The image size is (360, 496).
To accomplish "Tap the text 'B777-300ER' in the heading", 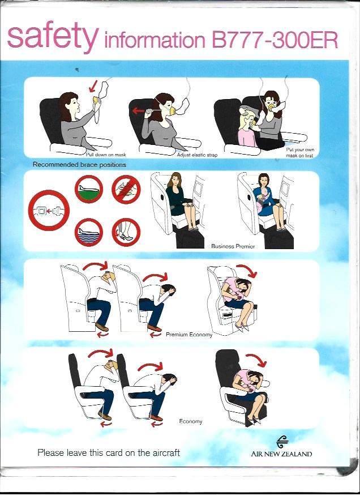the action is click(275, 40).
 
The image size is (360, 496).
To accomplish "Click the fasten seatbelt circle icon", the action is click(49, 210).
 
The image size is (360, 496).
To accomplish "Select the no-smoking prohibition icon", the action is click(126, 190).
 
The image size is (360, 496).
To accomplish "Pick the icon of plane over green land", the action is click(89, 190).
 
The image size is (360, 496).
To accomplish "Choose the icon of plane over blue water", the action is click(89, 233).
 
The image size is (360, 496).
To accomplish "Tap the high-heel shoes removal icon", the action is click(126, 233).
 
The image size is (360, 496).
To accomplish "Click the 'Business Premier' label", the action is click(233, 246).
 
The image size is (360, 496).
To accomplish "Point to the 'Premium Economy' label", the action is click(189, 335).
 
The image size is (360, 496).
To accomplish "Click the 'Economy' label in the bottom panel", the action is click(190, 421).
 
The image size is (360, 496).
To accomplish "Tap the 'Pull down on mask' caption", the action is click(106, 155).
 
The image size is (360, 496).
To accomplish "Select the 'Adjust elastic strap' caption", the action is click(197, 155).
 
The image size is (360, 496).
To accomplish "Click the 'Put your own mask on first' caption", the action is click(300, 152).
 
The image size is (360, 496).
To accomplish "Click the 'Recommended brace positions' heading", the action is click(79, 165).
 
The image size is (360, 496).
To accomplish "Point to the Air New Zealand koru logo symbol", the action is click(282, 442).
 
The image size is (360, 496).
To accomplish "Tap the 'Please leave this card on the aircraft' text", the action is click(109, 452).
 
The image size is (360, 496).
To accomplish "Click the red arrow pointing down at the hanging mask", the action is click(93, 85).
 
